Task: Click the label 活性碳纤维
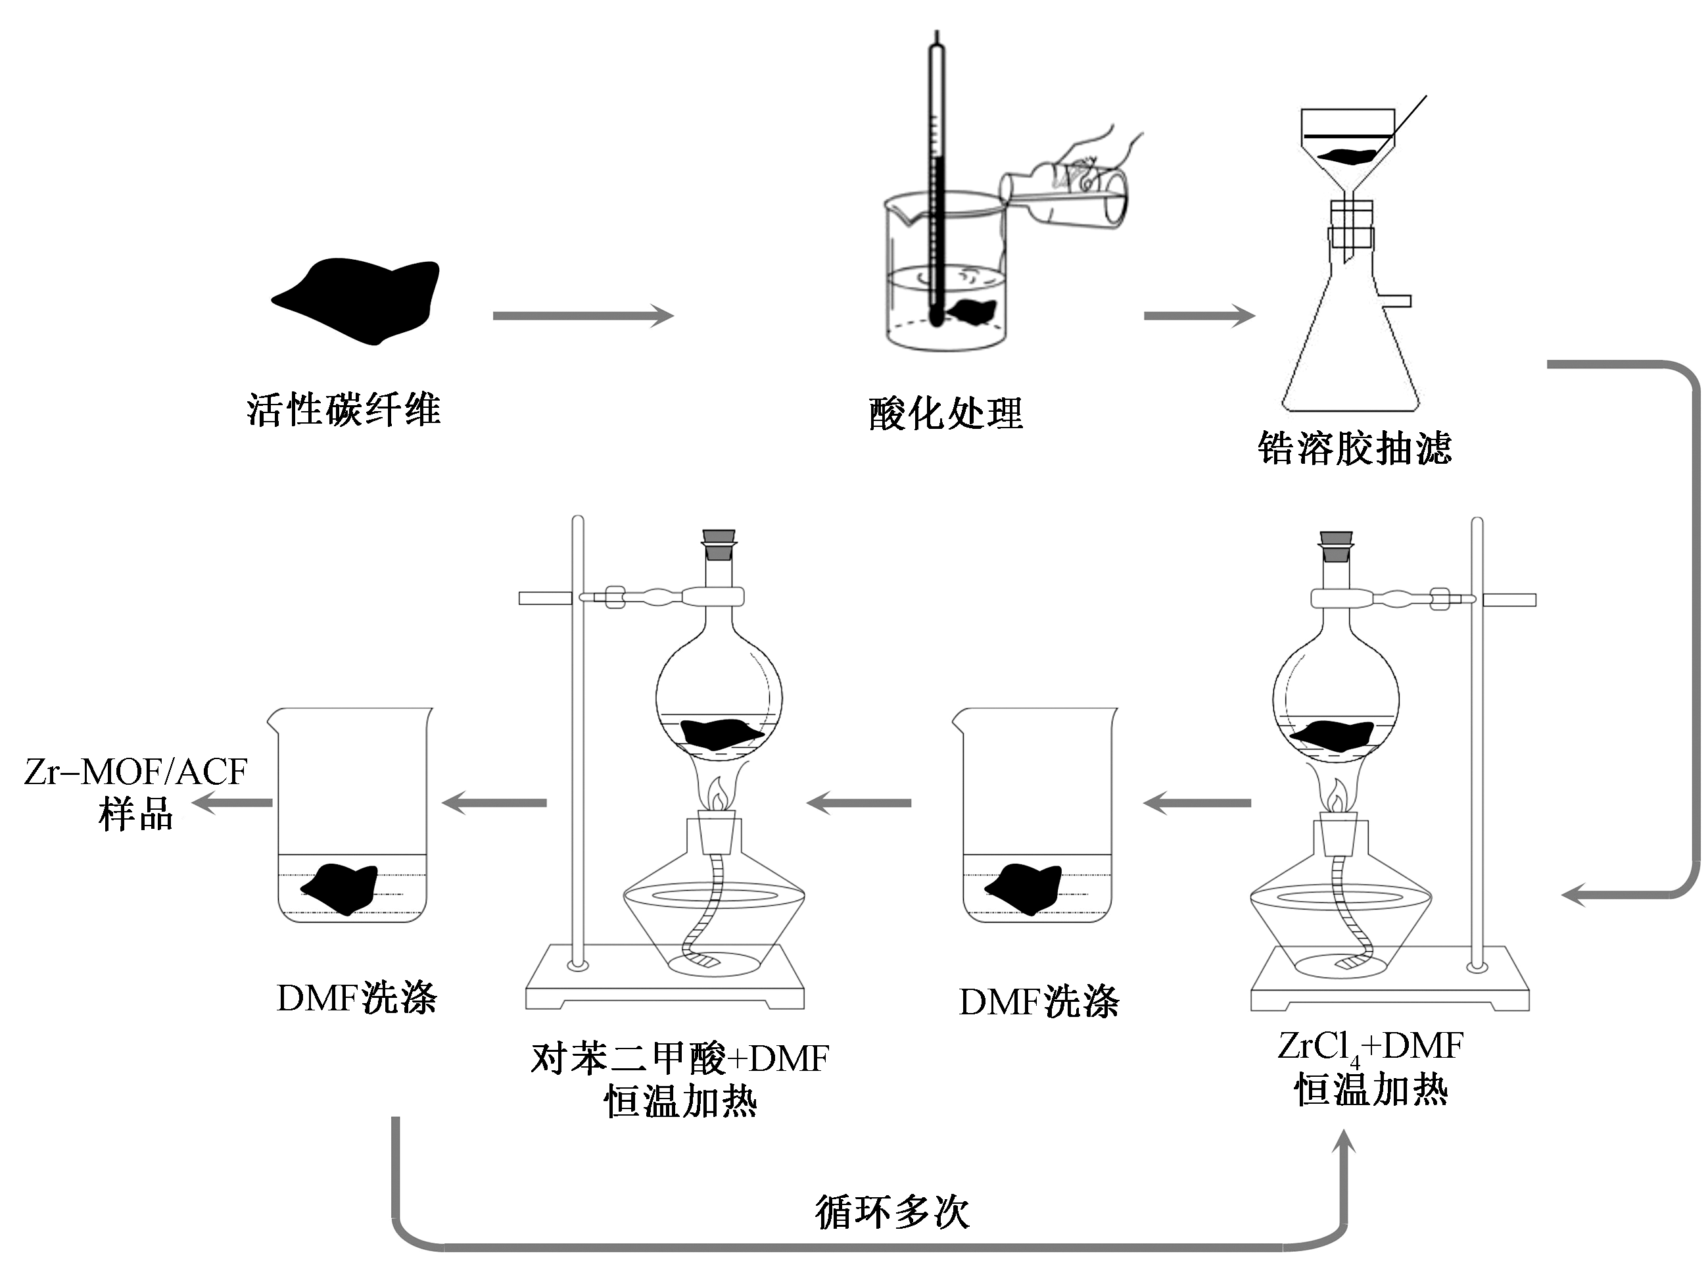tap(343, 410)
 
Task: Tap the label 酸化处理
tap(945, 414)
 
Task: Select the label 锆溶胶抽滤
tap(1354, 448)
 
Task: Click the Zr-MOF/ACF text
tap(136, 772)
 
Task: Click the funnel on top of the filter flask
tap(1347, 153)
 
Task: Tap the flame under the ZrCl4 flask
tap(1336, 798)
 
